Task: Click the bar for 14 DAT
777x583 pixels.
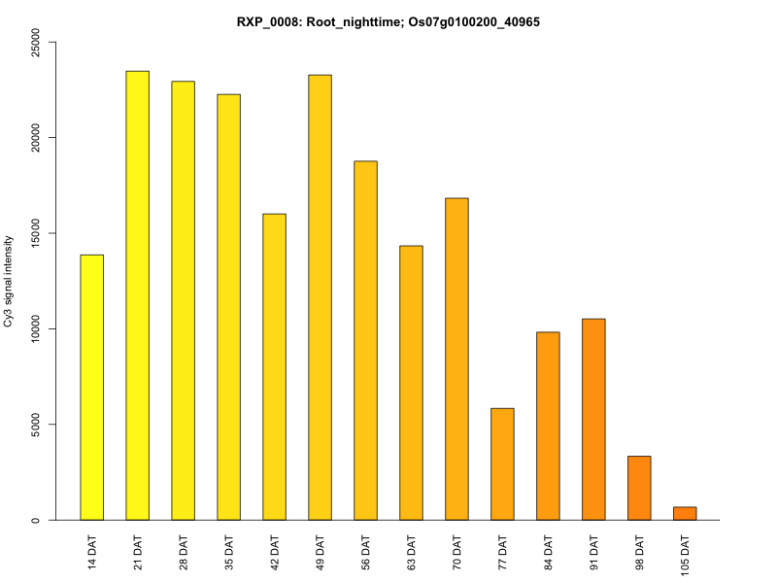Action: point(92,388)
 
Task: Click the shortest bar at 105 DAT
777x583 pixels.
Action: point(685,514)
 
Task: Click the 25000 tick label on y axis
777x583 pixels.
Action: point(35,42)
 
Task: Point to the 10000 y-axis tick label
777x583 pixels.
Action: point(35,329)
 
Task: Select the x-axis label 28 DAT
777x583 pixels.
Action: point(184,550)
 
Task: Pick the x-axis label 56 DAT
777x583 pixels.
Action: point(366,550)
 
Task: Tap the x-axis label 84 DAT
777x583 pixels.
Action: point(548,550)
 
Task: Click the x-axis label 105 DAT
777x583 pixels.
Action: point(685,553)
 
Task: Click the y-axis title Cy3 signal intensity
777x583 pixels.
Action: point(9,281)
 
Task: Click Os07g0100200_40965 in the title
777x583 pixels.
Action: point(467,20)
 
